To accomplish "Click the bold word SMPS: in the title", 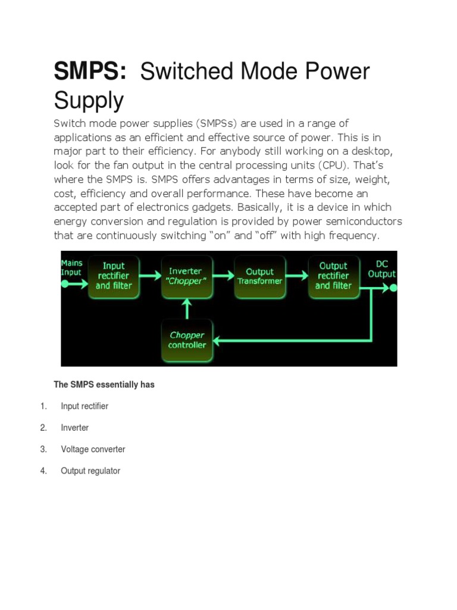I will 90,73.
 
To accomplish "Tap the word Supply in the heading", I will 89,100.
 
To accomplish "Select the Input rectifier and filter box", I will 114,276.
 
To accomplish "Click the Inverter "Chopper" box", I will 186,276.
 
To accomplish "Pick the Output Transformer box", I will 259,276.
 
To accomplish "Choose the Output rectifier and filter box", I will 333,276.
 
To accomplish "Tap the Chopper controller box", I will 187,340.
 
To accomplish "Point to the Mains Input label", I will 72,267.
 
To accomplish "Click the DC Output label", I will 381,269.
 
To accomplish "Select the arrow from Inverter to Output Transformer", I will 223,276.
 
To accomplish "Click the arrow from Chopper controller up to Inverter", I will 187,308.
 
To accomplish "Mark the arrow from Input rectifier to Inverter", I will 150,276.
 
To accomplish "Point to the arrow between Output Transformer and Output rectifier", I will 296,276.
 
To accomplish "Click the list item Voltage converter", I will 93,449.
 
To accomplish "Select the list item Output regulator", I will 90,471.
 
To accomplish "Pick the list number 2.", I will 43,428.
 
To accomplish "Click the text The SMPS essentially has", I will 104,385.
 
